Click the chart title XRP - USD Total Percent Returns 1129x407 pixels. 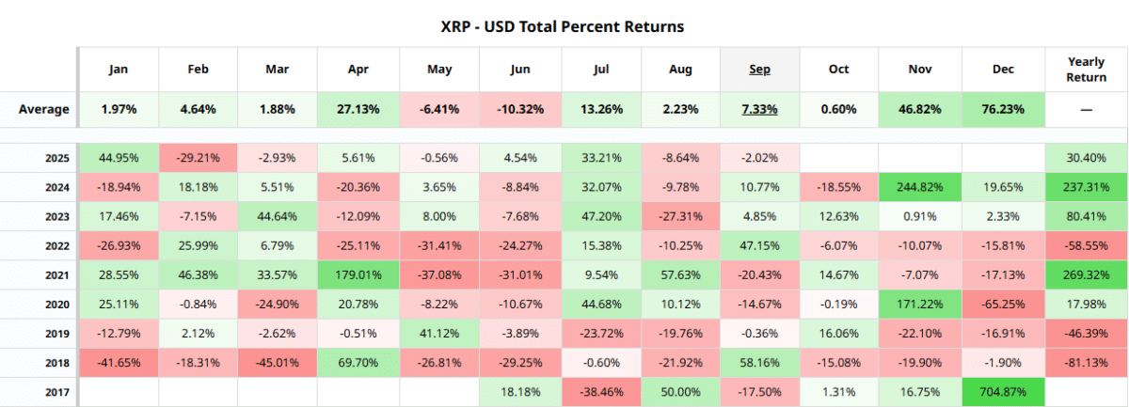(564, 26)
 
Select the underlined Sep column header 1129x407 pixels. (759, 70)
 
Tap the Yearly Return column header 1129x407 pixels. (1086, 70)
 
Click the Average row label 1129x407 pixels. (43, 109)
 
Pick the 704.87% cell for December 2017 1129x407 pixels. (1003, 391)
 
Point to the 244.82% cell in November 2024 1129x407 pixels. (919, 188)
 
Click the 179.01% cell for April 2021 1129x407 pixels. (358, 275)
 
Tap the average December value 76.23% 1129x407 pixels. (1003, 109)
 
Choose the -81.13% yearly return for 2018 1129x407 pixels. (1086, 362)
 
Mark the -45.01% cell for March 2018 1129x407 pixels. (278, 362)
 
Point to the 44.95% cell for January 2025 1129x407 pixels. (118, 158)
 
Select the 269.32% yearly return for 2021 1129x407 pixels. (1086, 275)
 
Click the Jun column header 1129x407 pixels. (520, 70)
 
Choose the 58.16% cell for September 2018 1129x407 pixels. (759, 362)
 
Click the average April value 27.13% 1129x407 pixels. (358, 109)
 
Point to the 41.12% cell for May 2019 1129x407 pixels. (439, 334)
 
